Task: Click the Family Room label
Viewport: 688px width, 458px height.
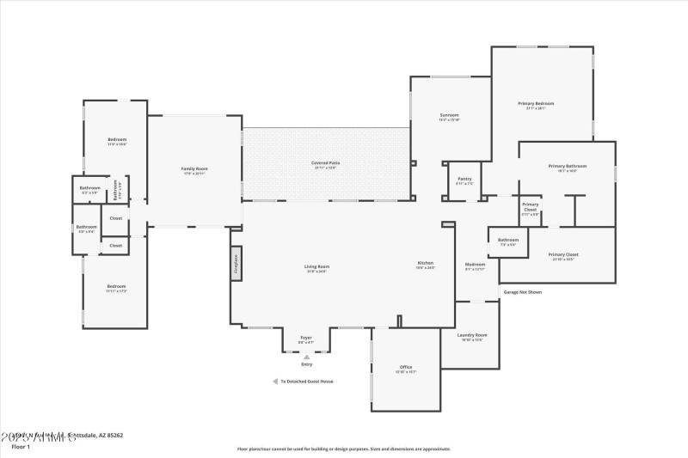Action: tap(194, 169)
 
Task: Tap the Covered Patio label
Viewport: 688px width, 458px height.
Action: tap(326, 163)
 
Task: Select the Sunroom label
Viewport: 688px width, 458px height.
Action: tap(449, 116)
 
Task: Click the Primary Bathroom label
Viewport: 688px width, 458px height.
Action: tap(567, 167)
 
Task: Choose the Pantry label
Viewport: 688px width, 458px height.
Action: tap(464, 180)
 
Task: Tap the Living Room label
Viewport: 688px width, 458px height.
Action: tap(316, 267)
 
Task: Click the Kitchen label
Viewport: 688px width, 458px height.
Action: tap(426, 264)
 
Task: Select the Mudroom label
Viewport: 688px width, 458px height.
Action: tap(476, 265)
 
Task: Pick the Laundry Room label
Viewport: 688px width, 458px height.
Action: tap(472, 336)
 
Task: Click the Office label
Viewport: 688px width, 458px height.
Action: tap(406, 368)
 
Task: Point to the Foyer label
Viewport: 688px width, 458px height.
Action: tap(305, 339)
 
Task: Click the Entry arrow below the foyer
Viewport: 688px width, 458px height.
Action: tap(306, 357)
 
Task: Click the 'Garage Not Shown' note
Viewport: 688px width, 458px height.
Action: tap(523, 292)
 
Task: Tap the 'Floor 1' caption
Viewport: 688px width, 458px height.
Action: tap(21, 447)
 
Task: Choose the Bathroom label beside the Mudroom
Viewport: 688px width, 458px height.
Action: tap(508, 241)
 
